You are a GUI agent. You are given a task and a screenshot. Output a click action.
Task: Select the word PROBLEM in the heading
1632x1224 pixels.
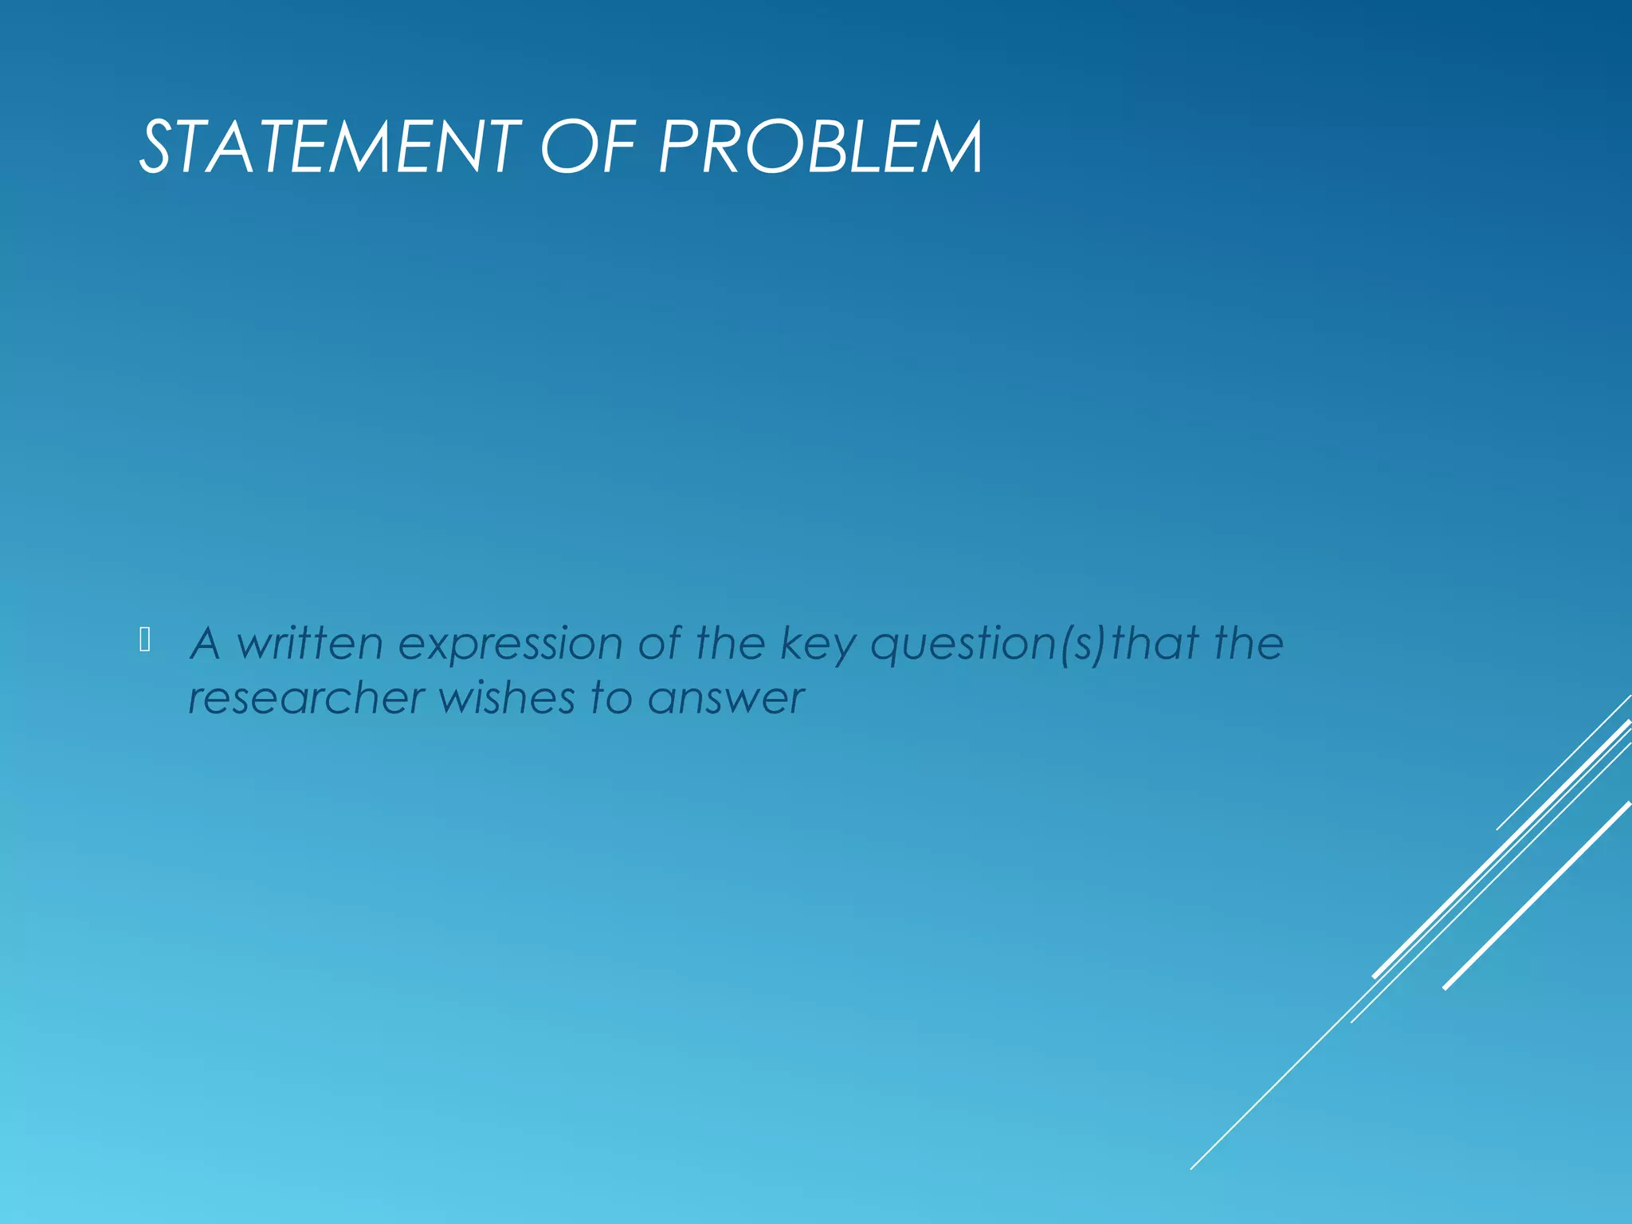point(821,147)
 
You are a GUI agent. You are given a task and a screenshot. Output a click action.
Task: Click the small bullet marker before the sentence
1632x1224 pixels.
point(145,640)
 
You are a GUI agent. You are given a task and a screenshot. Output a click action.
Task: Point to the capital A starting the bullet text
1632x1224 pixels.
point(206,643)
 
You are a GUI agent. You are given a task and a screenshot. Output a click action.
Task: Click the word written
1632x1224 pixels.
point(310,643)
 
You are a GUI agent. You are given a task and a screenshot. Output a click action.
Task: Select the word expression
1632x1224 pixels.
point(510,645)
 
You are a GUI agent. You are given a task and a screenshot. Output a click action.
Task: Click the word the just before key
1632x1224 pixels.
point(730,643)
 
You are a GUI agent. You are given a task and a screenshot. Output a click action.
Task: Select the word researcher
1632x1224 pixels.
point(307,699)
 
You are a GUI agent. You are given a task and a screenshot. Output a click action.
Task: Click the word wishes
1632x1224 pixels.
point(507,699)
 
